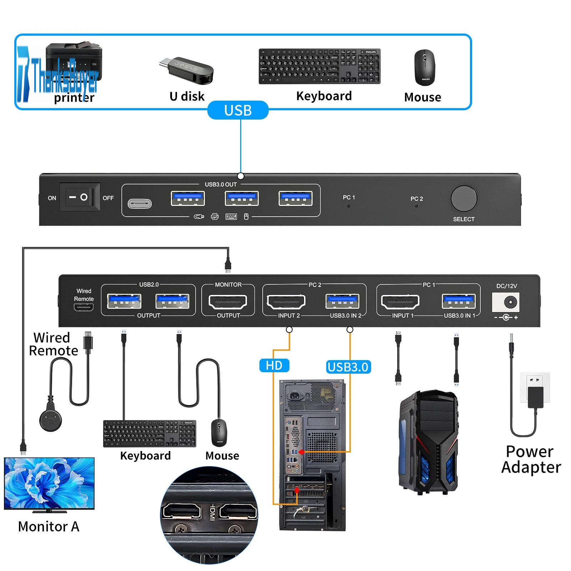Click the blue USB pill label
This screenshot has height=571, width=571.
238,110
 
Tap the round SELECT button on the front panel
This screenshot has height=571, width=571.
464,198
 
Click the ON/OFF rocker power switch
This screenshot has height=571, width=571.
79,197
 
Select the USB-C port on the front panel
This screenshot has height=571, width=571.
140,204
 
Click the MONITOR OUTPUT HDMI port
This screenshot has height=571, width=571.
228,302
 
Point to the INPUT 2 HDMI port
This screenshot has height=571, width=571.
286,302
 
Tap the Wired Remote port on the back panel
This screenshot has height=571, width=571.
84,307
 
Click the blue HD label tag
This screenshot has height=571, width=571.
274,365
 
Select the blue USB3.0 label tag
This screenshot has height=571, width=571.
348,367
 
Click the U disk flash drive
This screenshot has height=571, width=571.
187,70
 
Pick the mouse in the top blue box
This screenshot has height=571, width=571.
424,67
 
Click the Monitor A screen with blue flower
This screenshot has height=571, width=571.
49,483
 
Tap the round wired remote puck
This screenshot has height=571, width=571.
50,420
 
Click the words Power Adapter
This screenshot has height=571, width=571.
531,459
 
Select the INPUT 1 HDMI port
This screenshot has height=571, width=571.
400,302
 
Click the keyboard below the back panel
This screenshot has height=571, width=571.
150,433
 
